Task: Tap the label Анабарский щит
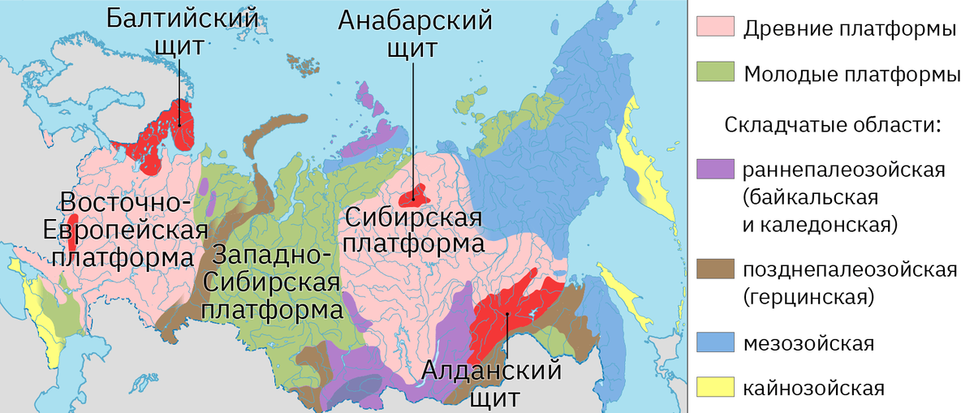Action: [412, 32]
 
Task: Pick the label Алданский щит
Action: [492, 385]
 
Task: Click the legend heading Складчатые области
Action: [832, 127]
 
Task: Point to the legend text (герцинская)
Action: [808, 297]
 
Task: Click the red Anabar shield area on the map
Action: [416, 196]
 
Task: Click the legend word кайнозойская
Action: [812, 387]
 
